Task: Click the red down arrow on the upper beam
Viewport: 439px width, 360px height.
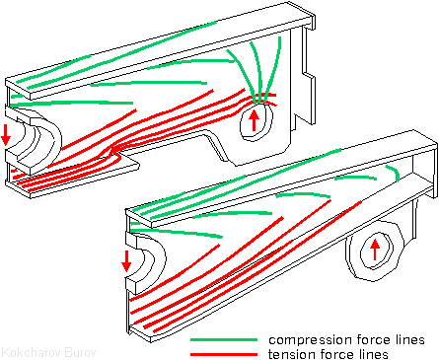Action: tap(6, 135)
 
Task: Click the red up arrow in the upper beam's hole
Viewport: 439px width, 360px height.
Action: tap(254, 120)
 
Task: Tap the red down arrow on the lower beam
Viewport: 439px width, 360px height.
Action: tap(126, 261)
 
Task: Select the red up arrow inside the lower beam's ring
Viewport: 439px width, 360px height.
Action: tap(375, 250)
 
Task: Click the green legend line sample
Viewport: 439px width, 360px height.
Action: tap(224, 340)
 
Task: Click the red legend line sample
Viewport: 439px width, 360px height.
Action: tap(224, 354)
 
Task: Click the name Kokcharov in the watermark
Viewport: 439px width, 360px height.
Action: tap(32, 353)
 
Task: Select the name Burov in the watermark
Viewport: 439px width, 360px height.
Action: tap(80, 353)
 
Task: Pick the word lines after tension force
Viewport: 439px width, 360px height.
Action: tap(373, 354)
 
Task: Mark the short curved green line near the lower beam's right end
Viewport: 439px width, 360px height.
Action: tap(394, 172)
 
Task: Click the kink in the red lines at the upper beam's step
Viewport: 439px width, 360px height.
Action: tap(115, 152)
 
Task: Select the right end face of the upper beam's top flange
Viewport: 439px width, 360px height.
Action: tap(313, 21)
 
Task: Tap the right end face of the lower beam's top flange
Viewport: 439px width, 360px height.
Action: tap(435, 145)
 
